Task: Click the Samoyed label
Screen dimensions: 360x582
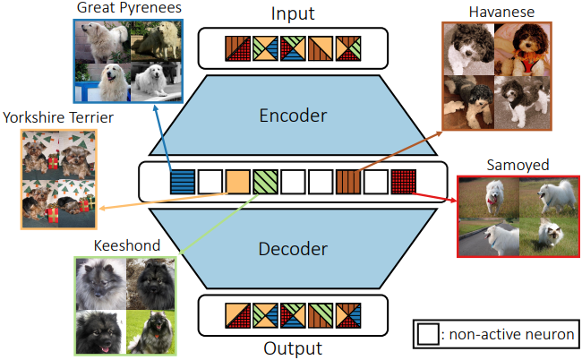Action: (x=505, y=166)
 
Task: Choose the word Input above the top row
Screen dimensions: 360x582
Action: (x=293, y=13)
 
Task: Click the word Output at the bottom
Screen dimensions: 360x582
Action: (x=293, y=347)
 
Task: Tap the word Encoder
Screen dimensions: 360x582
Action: (x=293, y=116)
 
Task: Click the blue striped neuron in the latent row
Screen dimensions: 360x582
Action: (x=182, y=182)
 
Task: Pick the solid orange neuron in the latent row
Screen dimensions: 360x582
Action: (x=237, y=182)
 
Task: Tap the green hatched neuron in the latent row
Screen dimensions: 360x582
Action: (x=265, y=182)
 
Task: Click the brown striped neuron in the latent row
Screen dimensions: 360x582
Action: (x=347, y=182)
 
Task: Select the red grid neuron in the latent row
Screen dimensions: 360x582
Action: (x=403, y=182)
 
